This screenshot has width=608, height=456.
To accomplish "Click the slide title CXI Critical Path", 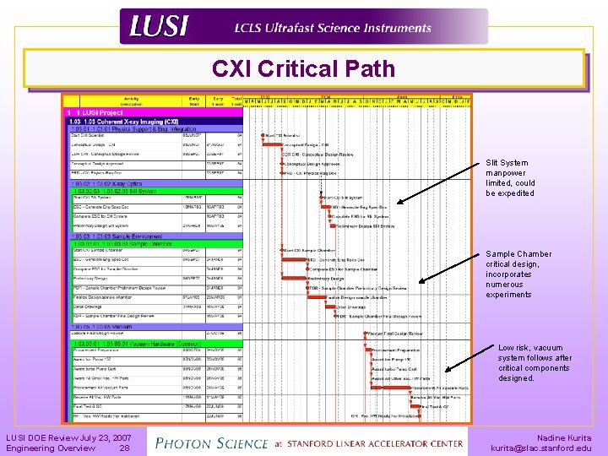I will [x=303, y=69].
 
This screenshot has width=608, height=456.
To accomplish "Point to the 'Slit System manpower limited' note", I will [x=510, y=178].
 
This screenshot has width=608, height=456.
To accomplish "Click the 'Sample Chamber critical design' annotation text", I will [x=518, y=274].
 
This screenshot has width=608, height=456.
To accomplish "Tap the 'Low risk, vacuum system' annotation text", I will [x=534, y=363].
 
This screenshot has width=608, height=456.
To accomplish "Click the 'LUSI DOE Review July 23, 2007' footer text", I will [x=68, y=438].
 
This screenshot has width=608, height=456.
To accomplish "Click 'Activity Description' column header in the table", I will [x=131, y=100].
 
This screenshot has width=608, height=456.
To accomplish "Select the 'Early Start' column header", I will [x=195, y=100].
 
